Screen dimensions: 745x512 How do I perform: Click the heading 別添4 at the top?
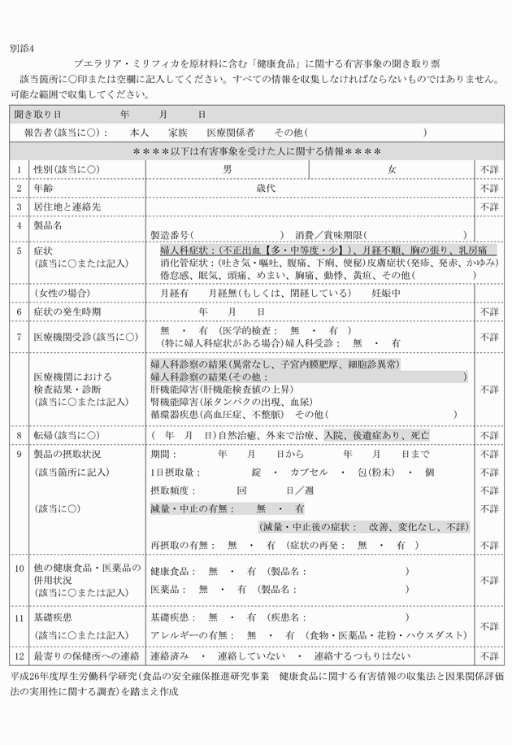click(23, 48)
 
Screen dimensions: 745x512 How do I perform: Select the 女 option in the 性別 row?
click(392, 169)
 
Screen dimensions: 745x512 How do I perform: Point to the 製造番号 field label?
click(171, 234)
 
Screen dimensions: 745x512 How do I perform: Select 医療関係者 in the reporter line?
click(231, 132)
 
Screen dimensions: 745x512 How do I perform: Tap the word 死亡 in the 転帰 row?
click(419, 435)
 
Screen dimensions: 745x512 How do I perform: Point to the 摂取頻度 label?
click(171, 490)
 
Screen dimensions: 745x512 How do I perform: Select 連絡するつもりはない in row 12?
click(357, 655)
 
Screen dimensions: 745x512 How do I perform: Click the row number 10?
click(19, 567)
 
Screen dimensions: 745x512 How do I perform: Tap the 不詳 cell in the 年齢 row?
click(489, 188)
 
